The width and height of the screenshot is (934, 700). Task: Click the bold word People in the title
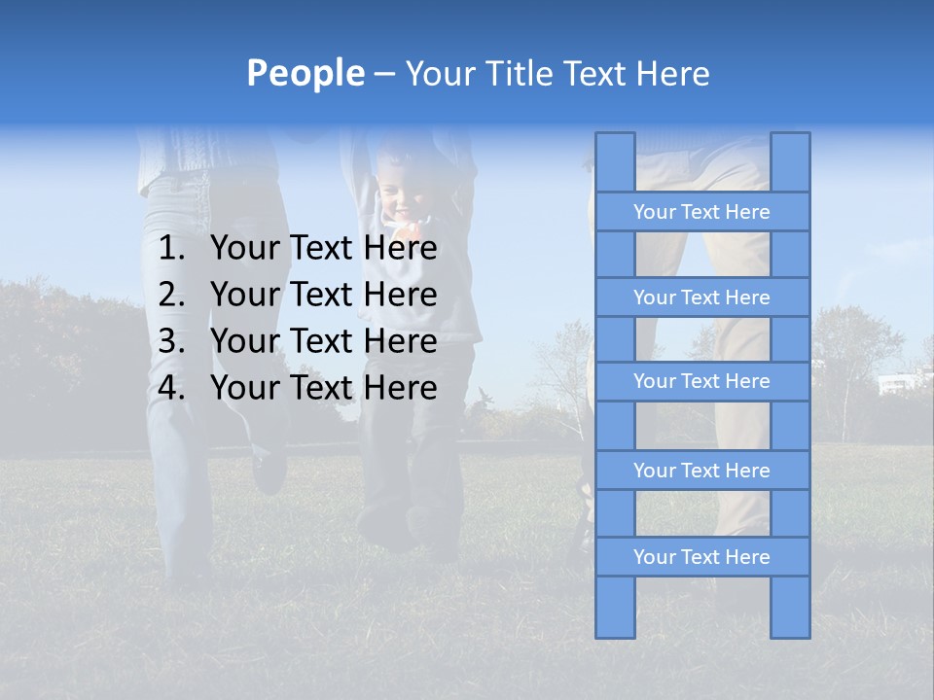tap(305, 73)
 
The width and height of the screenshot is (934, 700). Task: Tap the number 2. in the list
tap(171, 295)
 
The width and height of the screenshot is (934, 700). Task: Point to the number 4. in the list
tap(171, 388)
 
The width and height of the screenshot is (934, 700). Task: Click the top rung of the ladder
tap(701, 212)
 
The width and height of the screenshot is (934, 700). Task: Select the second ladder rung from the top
tap(701, 297)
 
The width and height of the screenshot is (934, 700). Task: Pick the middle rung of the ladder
tap(701, 382)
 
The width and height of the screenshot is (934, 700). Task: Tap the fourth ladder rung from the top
tap(701, 471)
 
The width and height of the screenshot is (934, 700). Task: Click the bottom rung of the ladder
tap(701, 557)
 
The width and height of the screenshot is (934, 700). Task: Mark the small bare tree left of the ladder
tap(558, 379)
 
